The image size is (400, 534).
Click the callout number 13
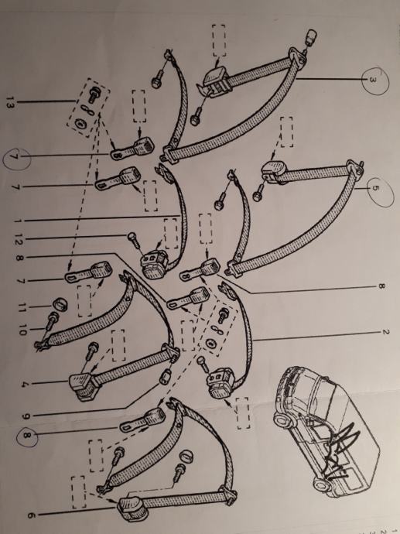tap(10, 102)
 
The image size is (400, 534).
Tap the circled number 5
tap(374, 189)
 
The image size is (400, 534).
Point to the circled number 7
tap(14, 157)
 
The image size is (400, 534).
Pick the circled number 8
tap(26, 435)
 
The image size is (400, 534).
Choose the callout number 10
tap(22, 329)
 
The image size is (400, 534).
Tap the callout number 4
tap(23, 385)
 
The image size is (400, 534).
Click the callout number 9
tap(26, 416)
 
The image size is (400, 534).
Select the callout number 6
tap(31, 515)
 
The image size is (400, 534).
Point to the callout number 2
tap(385, 332)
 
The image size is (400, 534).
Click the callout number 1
tap(18, 221)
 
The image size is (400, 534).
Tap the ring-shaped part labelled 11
tap(60, 304)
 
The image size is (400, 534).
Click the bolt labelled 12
tap(133, 239)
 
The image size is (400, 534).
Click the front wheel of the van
tap(284, 420)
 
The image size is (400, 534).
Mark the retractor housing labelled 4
tap(84, 385)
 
